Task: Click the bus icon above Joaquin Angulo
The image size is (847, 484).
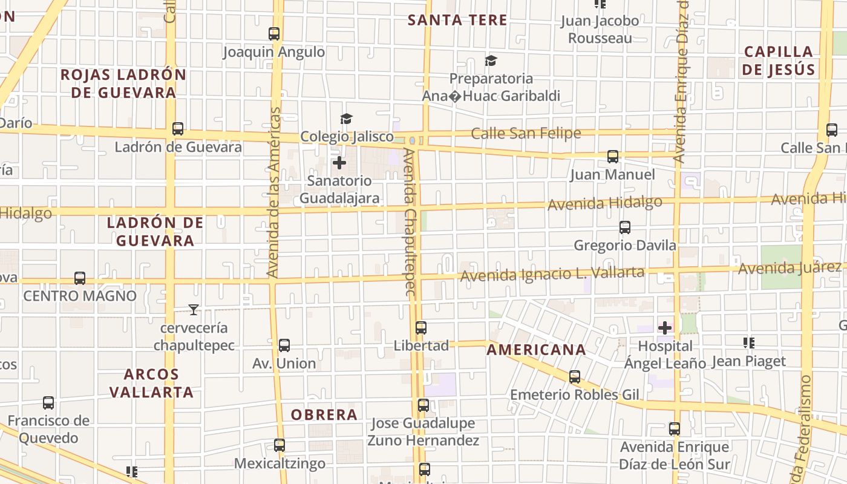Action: (274, 34)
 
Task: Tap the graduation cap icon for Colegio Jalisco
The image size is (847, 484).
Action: (346, 119)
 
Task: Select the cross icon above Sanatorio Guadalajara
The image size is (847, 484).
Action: (339, 162)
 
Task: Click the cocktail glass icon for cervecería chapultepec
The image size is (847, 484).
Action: (193, 310)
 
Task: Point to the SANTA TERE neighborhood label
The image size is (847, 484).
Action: (457, 20)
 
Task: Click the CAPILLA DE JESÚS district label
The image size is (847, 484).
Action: (778, 60)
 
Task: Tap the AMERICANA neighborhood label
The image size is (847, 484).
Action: (536, 350)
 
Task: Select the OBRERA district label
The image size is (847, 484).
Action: (324, 414)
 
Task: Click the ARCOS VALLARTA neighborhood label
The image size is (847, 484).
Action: (151, 383)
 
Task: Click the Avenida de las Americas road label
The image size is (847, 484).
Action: (274, 192)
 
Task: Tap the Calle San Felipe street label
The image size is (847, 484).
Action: (526, 133)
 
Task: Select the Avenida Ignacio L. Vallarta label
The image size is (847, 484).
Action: (552, 274)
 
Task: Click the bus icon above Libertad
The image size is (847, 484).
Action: (421, 328)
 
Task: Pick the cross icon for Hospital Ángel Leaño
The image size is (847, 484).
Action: (665, 328)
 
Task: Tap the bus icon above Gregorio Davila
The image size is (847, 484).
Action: (625, 227)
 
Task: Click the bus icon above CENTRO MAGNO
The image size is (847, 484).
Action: (80, 278)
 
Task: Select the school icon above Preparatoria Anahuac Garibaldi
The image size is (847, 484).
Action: (491, 60)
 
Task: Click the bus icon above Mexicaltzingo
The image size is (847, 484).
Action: (280, 445)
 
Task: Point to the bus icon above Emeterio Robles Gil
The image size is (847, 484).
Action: (575, 377)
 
